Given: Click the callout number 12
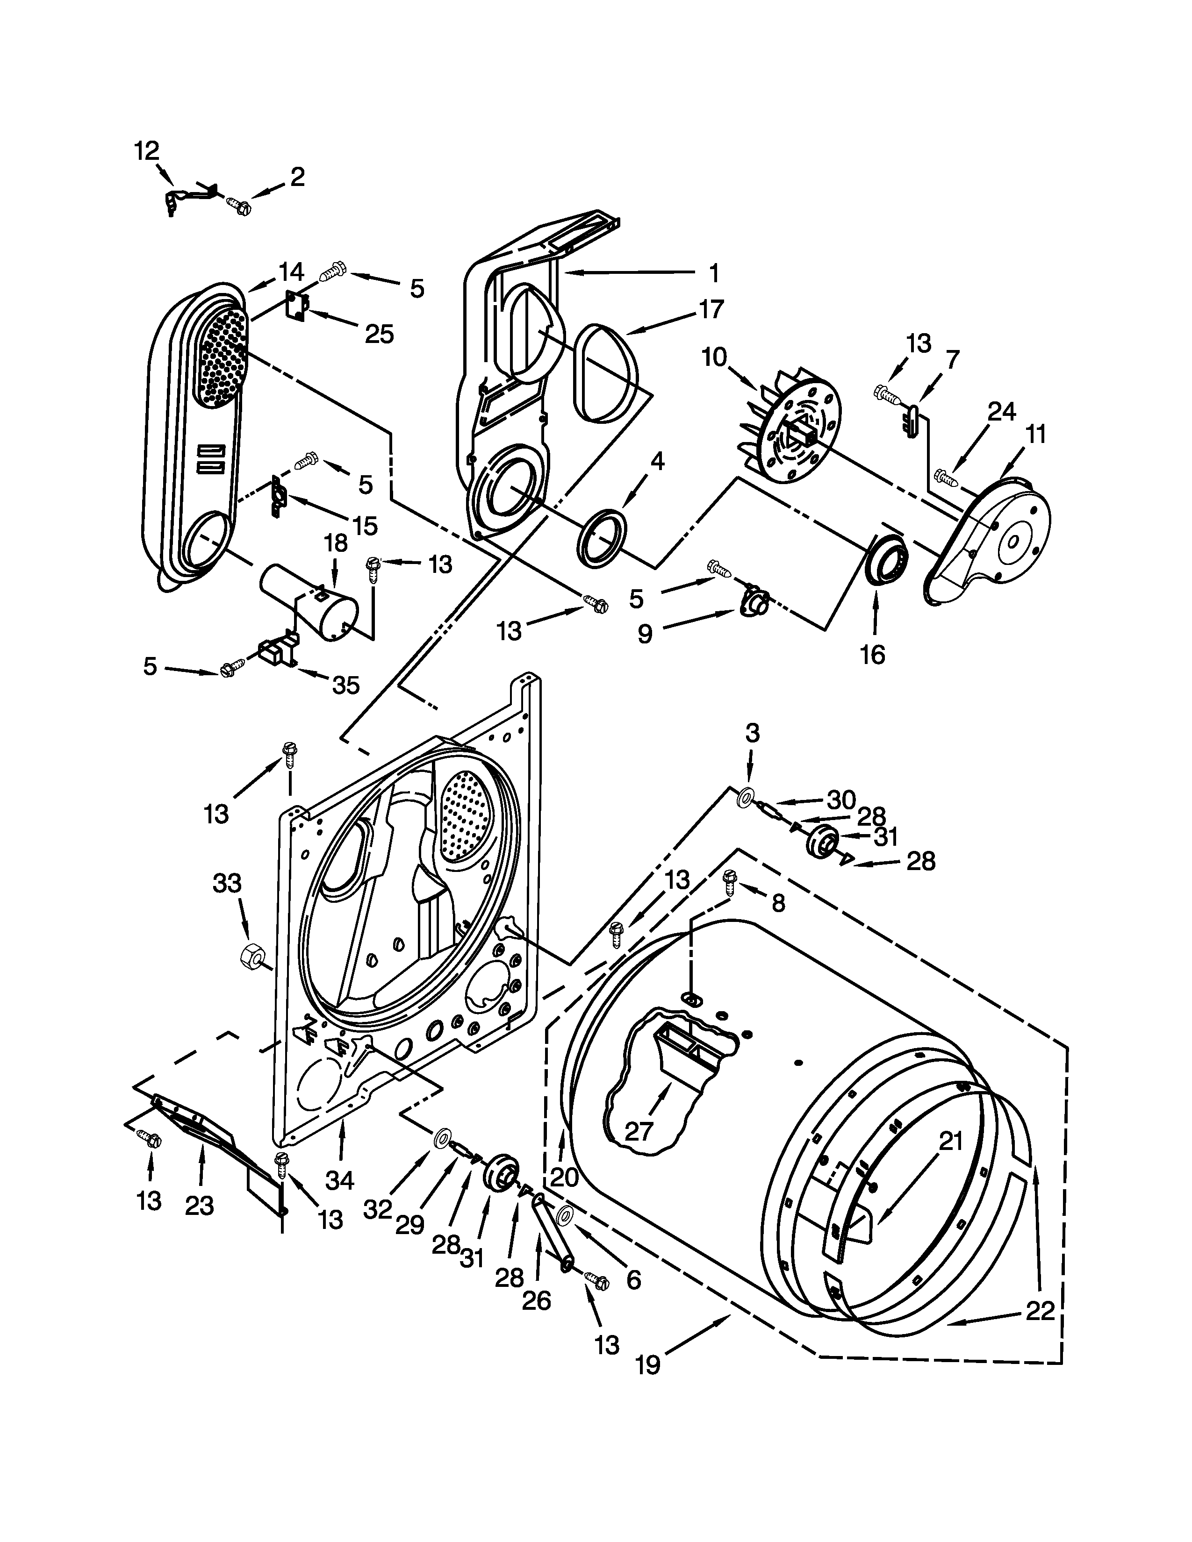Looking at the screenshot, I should [147, 150].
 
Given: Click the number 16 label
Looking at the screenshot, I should [873, 655].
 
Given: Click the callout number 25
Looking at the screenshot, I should [379, 333].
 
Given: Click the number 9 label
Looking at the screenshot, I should [645, 634].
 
